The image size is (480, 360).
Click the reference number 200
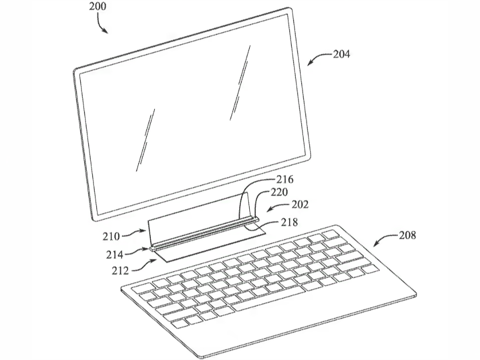tap(98, 6)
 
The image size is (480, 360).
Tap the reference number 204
tap(341, 54)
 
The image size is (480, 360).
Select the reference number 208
tap(408, 235)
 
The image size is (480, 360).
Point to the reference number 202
tap(300, 204)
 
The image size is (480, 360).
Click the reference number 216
tap(285, 179)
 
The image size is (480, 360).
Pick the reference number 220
tap(279, 192)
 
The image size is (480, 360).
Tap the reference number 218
tap(290, 222)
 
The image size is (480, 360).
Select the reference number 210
tap(111, 236)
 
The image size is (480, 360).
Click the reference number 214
tap(115, 254)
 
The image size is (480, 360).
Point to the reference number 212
tap(120, 271)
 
